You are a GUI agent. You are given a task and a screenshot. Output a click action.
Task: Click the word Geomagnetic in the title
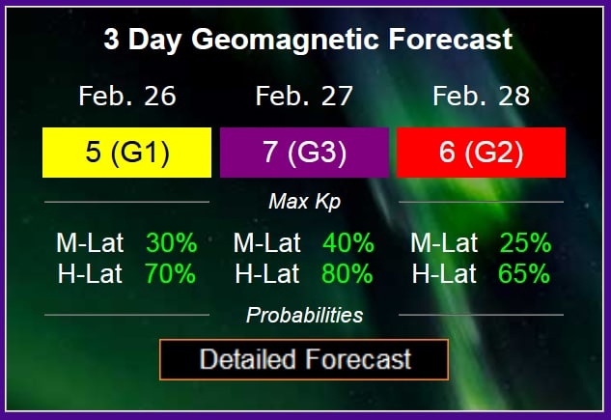pyautogui.click(x=285, y=41)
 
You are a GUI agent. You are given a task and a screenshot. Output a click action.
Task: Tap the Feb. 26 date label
pyautogui.click(x=127, y=96)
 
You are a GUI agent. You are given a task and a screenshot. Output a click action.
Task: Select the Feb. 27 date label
pyautogui.click(x=304, y=96)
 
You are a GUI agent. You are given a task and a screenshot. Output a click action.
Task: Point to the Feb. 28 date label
pyautogui.click(x=482, y=96)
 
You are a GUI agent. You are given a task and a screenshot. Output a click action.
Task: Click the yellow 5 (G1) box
pyautogui.click(x=126, y=153)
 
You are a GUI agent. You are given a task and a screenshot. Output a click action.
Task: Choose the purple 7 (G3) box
pyautogui.click(x=304, y=153)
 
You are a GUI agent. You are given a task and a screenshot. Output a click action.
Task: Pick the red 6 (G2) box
pyautogui.click(x=482, y=153)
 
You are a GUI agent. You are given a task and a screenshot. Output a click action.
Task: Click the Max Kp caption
pyautogui.click(x=305, y=202)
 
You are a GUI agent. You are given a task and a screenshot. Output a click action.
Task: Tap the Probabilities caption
pyautogui.click(x=305, y=315)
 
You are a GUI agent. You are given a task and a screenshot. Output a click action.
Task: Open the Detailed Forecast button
pyautogui.click(x=304, y=359)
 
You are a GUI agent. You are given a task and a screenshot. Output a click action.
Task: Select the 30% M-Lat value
pyautogui.click(x=172, y=243)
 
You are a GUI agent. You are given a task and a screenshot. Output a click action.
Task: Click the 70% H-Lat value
pyautogui.click(x=170, y=273)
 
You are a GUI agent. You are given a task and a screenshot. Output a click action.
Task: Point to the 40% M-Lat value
pyautogui.click(x=348, y=243)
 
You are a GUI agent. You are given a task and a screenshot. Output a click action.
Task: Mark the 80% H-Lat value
pyautogui.click(x=347, y=273)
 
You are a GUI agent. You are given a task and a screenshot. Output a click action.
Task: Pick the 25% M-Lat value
pyautogui.click(x=526, y=243)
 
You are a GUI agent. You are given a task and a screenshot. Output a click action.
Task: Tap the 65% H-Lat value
pyautogui.click(x=524, y=273)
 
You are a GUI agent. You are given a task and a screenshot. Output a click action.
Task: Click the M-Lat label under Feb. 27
pyautogui.click(x=267, y=243)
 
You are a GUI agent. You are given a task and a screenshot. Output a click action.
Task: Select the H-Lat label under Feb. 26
pyautogui.click(x=90, y=273)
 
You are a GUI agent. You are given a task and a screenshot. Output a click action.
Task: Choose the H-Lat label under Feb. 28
pyautogui.click(x=444, y=273)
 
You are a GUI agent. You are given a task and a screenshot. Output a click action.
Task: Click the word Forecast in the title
pyautogui.click(x=451, y=39)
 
